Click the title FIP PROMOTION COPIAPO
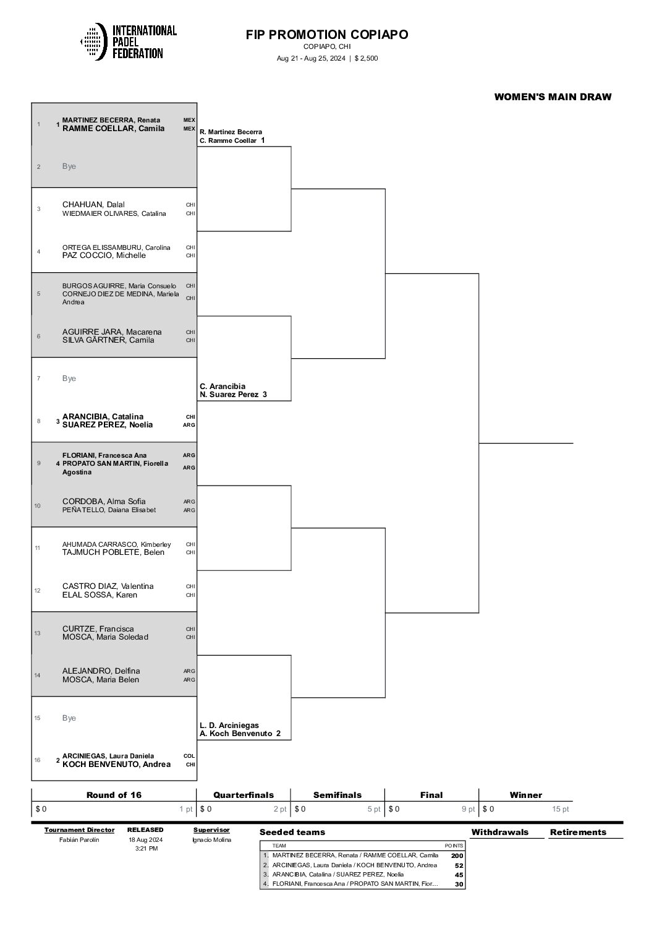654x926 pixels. coord(327,34)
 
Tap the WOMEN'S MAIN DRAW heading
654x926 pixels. coord(553,96)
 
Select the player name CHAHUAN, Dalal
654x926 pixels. coord(93,204)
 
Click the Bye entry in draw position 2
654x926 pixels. coord(69,166)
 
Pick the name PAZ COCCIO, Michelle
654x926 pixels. coord(104,255)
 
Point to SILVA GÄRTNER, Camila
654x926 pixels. coord(108,340)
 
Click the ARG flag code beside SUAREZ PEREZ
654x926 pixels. coord(189,425)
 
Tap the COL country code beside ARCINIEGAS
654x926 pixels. coord(189,756)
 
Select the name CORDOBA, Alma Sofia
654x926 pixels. coord(104,502)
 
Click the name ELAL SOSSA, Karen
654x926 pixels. coord(100,595)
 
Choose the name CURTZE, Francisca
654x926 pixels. coord(98,628)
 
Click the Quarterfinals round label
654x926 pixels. coord(244,795)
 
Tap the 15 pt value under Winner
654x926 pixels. coord(560,809)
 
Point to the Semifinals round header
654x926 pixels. coord(337,795)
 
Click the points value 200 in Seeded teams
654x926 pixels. coord(457,855)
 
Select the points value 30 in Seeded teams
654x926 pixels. coord(459,885)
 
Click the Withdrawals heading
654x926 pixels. coord(500,832)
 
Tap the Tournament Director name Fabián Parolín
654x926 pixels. coord(79,839)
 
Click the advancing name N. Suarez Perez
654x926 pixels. coord(229,395)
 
